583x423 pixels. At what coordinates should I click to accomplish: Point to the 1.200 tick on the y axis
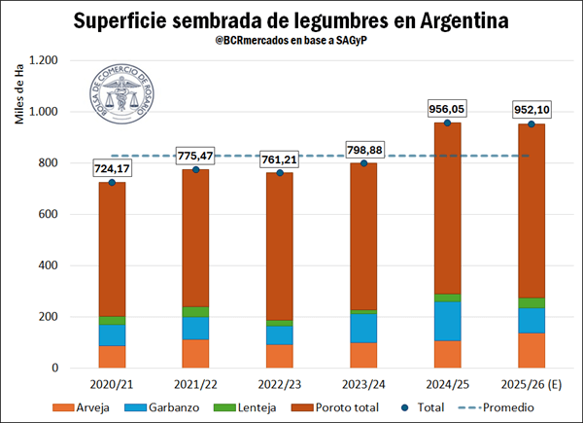coord(45,60)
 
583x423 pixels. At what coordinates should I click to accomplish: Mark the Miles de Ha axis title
coord(19,97)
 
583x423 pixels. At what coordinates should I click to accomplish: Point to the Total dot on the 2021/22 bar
coord(196,170)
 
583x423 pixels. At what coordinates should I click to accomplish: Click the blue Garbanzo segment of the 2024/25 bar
coord(447,321)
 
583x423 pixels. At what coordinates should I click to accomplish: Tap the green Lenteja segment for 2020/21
coord(112,320)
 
